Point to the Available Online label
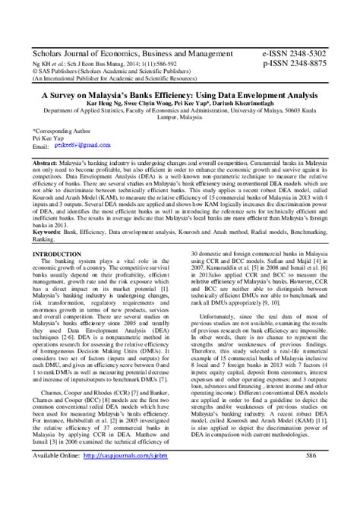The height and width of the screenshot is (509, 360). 55,455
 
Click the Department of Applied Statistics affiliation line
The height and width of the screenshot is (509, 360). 179,116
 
